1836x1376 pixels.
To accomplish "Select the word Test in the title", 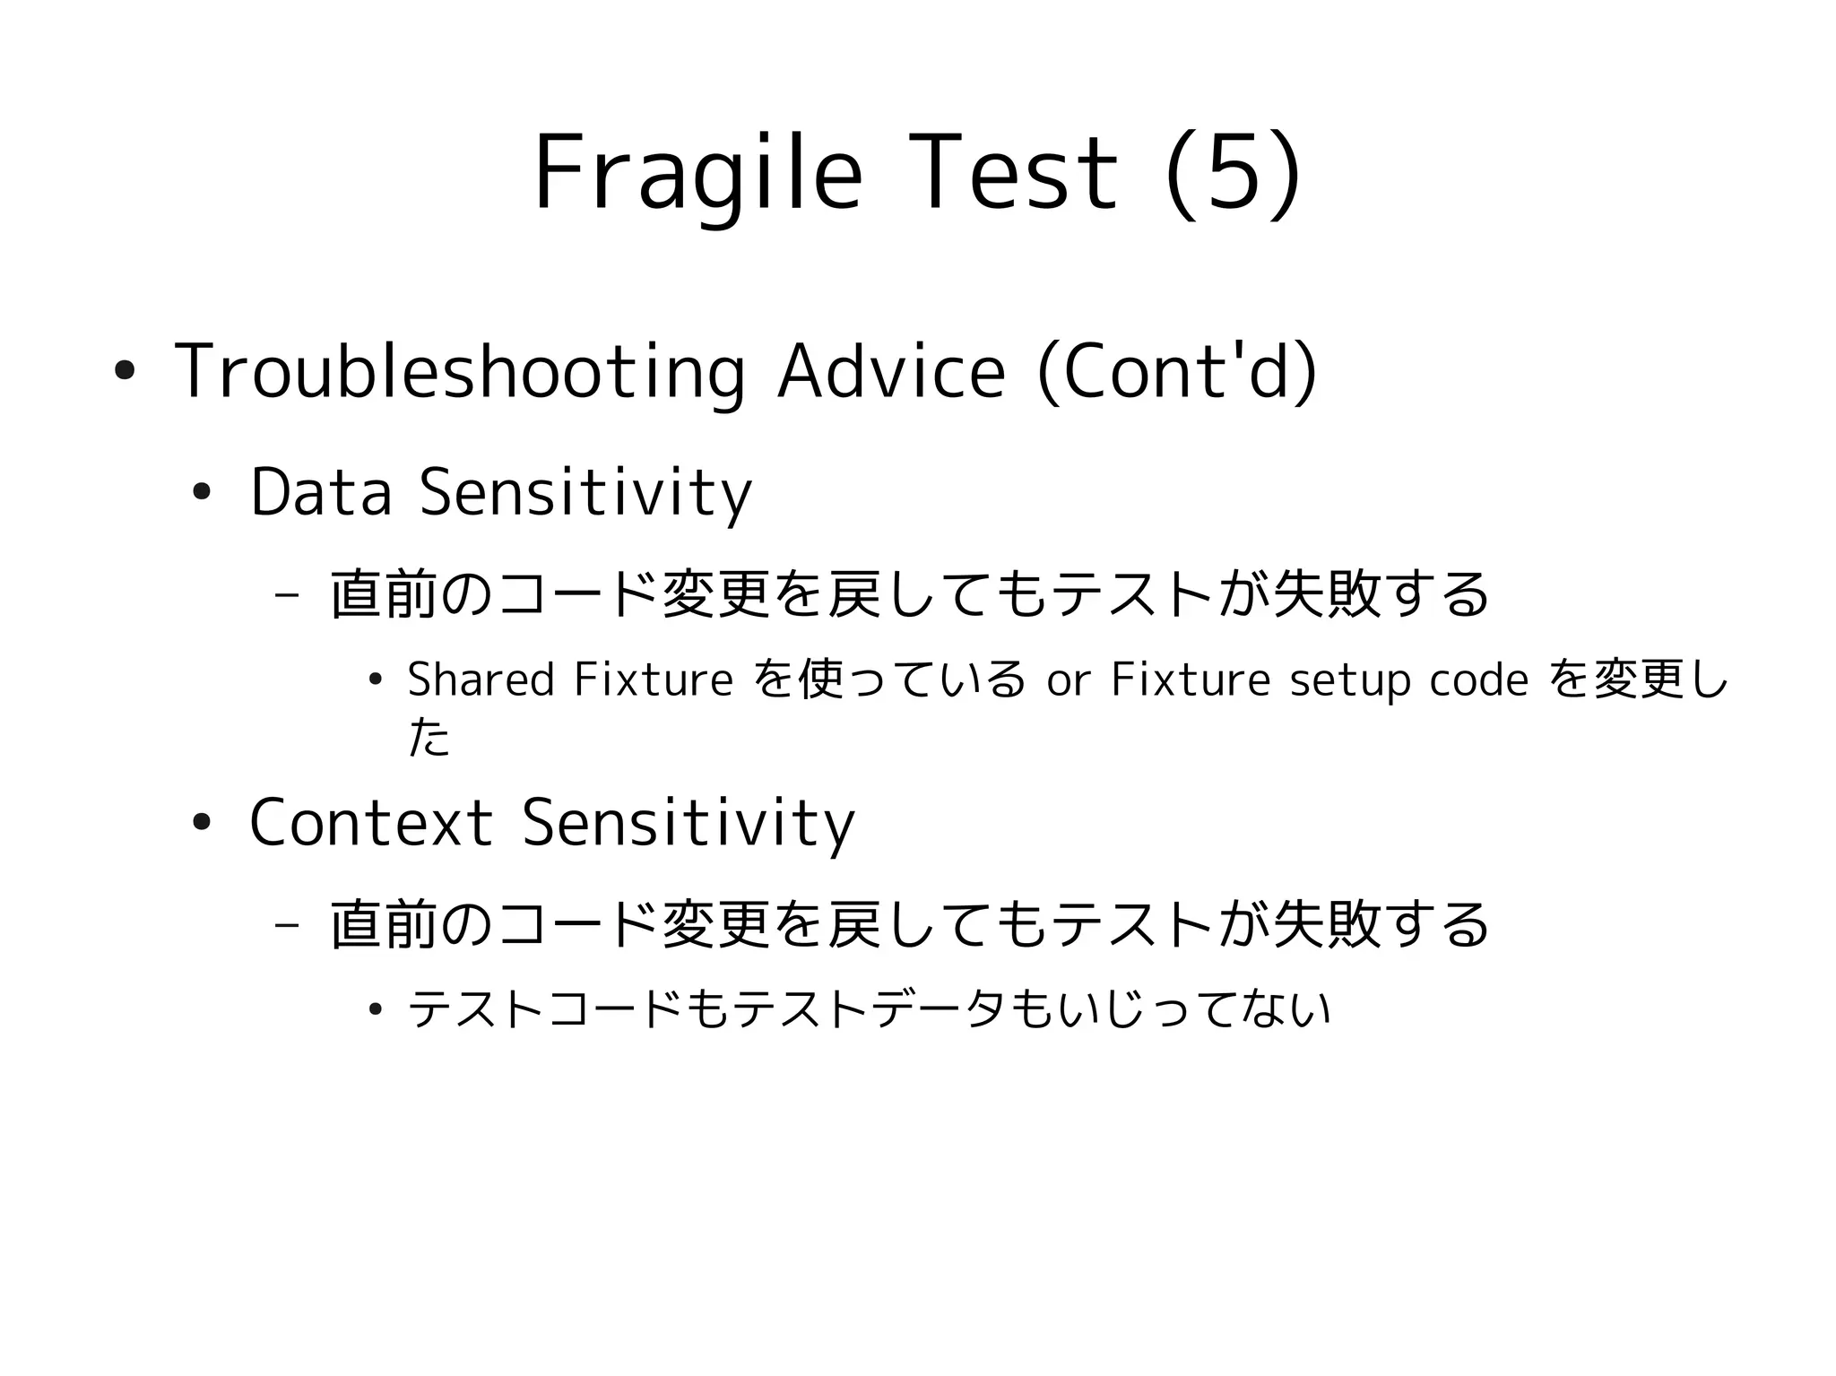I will [x=1013, y=173].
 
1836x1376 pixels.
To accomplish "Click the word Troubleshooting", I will [x=459, y=372].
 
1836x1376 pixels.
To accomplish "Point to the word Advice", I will [x=891, y=370].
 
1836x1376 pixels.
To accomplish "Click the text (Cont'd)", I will [x=1177, y=370].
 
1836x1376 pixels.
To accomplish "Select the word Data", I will [x=321, y=492].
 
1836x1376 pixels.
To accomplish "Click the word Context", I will [x=370, y=823].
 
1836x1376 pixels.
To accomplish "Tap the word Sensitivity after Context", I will [x=688, y=823].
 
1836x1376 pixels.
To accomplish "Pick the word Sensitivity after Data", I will [x=585, y=492].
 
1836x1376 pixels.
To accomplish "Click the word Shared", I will [x=481, y=679].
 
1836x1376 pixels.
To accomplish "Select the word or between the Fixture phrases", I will [x=1068, y=680].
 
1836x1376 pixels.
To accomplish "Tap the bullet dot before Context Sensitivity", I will [x=201, y=823].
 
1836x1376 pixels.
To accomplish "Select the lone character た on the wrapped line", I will [x=429, y=738].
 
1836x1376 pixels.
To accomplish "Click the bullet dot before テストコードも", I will [x=376, y=1010].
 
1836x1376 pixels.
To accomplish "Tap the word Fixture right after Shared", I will [x=654, y=679].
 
